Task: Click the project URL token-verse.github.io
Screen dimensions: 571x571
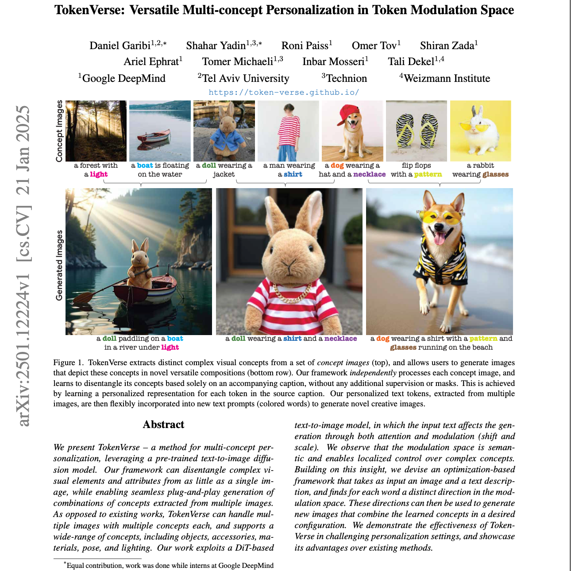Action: coord(284,93)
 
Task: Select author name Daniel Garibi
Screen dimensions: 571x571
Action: coord(120,46)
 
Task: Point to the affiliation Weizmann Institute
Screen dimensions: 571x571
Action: coord(447,78)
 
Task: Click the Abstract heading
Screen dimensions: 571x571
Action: coord(163,424)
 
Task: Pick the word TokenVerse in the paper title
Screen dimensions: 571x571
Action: coord(90,10)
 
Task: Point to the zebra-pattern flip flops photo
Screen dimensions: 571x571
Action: coord(417,131)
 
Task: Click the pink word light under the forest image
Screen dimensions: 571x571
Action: coord(99,174)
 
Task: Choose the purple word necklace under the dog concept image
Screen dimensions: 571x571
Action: coord(369,174)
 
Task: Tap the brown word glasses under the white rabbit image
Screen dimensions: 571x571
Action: coord(495,174)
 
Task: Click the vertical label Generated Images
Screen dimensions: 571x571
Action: coord(59,266)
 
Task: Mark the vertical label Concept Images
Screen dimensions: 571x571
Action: coord(59,131)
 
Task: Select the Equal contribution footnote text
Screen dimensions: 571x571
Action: coord(170,565)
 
